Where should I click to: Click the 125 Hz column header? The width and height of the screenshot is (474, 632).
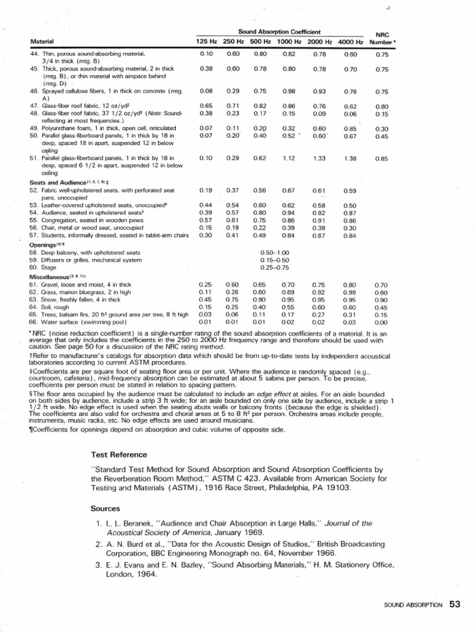[x=206, y=41]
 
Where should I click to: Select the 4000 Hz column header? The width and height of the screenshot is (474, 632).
[x=351, y=41]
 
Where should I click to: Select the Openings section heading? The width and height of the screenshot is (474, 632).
[x=43, y=244]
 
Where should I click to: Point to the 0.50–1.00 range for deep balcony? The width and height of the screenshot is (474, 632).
[x=275, y=252]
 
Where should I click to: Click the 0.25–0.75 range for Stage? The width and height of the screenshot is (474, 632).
[x=275, y=268]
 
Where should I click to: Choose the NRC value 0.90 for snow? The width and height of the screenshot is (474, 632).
[x=381, y=299]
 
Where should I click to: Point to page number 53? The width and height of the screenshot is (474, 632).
[x=455, y=605]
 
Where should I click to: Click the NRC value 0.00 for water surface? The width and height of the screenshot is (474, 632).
[x=381, y=322]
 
